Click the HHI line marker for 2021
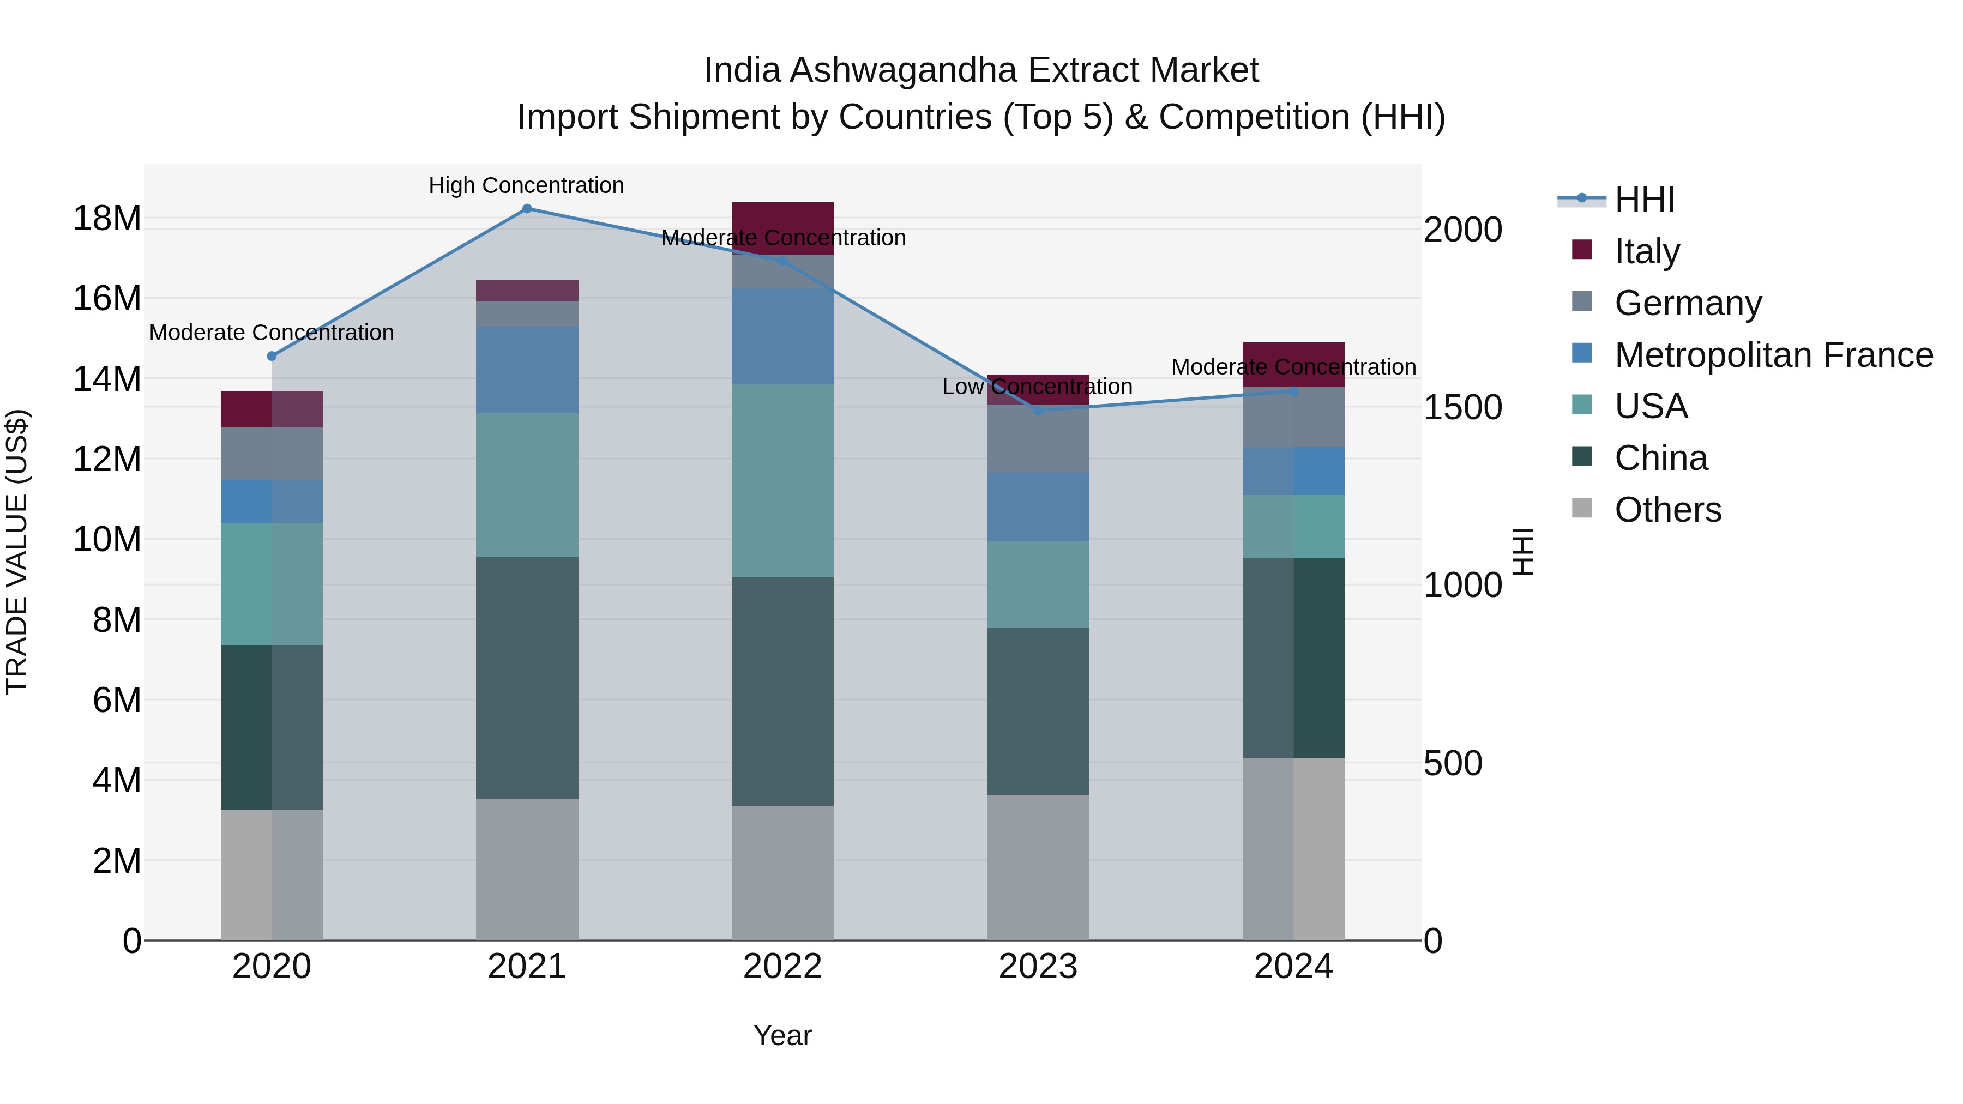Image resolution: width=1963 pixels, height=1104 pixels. tap(527, 209)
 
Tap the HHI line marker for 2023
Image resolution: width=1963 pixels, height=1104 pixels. tap(1038, 411)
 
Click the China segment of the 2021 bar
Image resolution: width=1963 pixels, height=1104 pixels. tap(527, 678)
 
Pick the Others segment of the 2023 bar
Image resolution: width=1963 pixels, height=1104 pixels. tap(1038, 867)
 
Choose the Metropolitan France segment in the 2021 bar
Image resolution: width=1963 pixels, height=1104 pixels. tap(527, 370)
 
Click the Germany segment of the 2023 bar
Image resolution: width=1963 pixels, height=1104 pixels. tap(1038, 439)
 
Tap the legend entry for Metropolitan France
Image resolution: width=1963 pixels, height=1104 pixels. tap(1773, 355)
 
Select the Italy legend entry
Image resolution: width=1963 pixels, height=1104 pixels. tap(1646, 251)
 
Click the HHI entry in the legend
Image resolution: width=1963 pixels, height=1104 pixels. tap(1643, 200)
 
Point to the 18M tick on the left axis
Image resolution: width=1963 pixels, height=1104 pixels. tap(107, 219)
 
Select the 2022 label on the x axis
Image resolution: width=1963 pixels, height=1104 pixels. tap(782, 967)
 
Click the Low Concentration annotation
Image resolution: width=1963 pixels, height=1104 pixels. tap(1037, 387)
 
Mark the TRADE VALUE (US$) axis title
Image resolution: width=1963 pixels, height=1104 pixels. tap(17, 552)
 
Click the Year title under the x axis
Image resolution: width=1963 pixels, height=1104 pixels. tap(782, 1035)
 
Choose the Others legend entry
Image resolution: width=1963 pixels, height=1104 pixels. tap(1667, 510)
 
